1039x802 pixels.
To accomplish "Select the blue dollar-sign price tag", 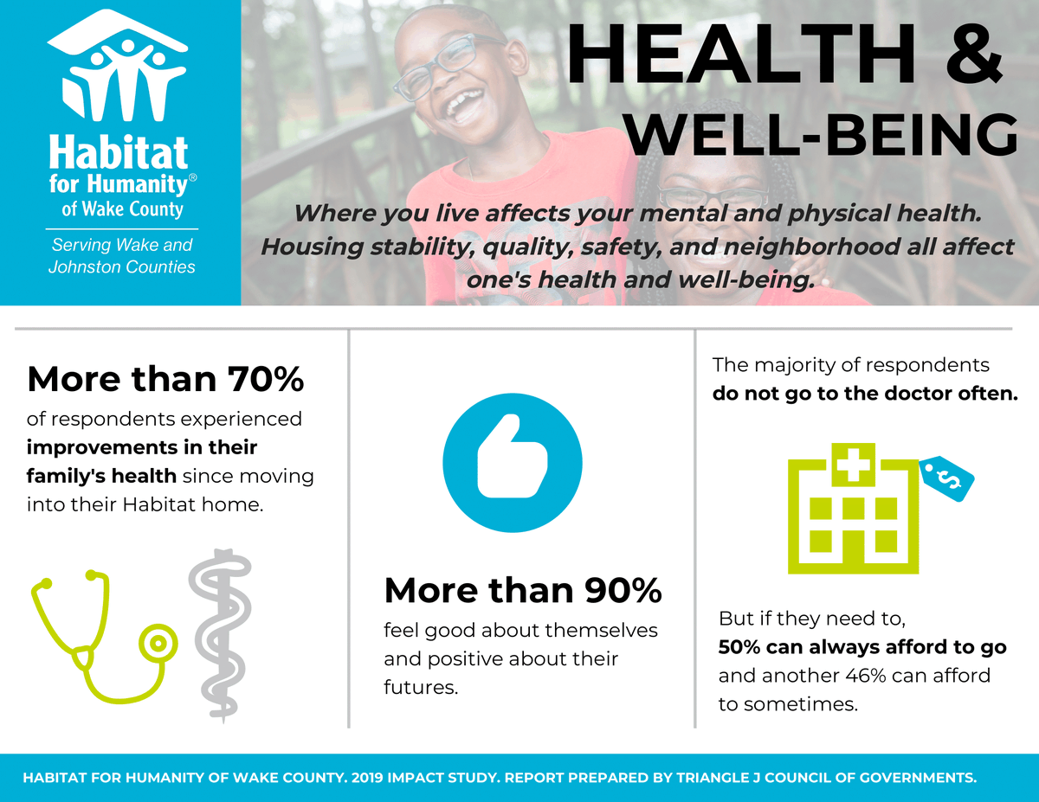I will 948,476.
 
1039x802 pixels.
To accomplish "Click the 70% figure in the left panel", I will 266,380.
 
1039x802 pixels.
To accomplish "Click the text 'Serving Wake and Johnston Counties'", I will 121,256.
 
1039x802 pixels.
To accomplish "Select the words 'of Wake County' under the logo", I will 122,209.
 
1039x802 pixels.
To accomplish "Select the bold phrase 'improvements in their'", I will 142,448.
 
